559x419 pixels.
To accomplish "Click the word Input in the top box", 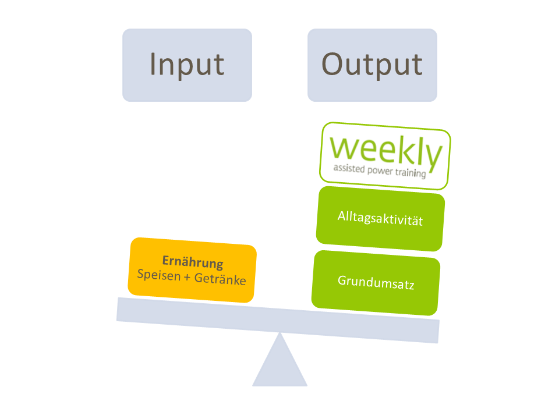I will pyautogui.click(x=187, y=64).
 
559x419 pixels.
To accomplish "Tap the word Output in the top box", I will pyautogui.click(x=372, y=64).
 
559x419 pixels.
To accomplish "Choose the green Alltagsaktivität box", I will pyautogui.click(x=380, y=219).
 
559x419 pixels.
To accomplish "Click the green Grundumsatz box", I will pyautogui.click(x=376, y=283).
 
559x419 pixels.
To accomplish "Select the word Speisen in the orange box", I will pyautogui.click(x=158, y=275).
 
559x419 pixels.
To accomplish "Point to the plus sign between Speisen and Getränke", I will pyautogui.click(x=186, y=278).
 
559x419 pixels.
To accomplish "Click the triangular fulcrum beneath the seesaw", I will pyautogui.click(x=279, y=367).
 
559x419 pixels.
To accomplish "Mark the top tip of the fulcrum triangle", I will pyautogui.click(x=280, y=335).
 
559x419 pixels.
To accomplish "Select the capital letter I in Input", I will pyautogui.click(x=153, y=64).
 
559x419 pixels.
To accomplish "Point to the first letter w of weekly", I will pyautogui.click(x=344, y=150).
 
